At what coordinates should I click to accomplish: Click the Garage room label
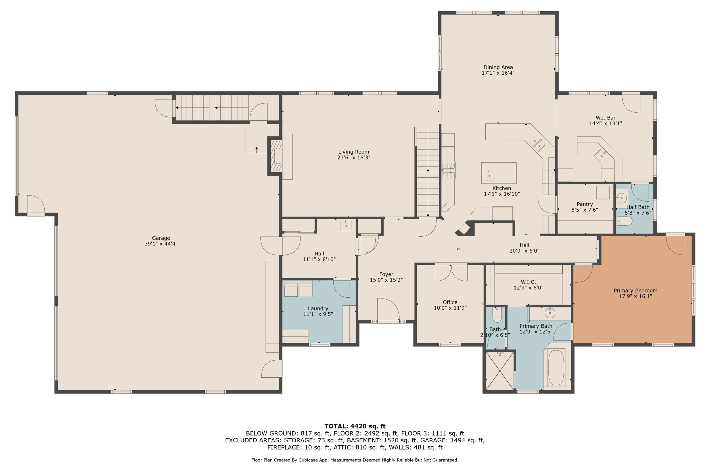(x=161, y=238)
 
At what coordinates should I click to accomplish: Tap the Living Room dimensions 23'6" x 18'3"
(x=354, y=157)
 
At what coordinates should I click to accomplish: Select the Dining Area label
(x=498, y=67)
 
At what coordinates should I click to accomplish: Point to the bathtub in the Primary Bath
(x=556, y=368)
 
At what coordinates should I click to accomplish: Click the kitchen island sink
(x=489, y=175)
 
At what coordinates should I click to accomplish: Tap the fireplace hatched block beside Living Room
(x=276, y=156)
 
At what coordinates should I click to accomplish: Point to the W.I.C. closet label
(x=528, y=282)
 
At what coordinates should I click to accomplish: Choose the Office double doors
(x=451, y=273)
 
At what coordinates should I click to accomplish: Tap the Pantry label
(x=584, y=204)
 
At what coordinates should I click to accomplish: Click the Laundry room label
(x=318, y=308)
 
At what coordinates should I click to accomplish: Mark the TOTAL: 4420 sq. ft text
(x=355, y=426)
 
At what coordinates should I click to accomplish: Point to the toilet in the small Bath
(x=497, y=315)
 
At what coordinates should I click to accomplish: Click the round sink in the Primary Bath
(x=550, y=313)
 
